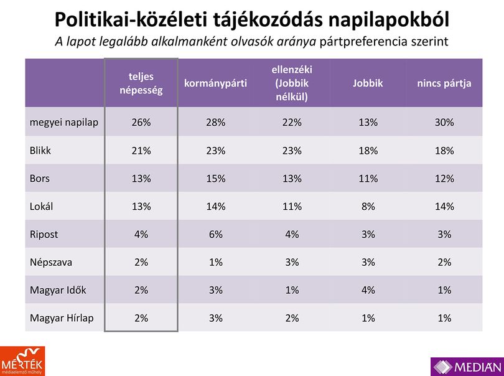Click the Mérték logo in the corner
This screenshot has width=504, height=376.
click(22, 361)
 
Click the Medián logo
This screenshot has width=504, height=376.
click(467, 367)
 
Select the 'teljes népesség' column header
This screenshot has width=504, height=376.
click(141, 83)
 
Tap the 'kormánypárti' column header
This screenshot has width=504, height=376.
click(215, 83)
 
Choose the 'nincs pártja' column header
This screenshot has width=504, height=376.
click(444, 83)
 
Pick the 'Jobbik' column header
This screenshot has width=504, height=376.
click(368, 83)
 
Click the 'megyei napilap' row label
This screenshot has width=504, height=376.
click(64, 123)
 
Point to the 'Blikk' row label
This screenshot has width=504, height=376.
click(40, 151)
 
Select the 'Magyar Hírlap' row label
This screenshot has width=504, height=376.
click(62, 318)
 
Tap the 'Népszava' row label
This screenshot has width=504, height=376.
click(51, 262)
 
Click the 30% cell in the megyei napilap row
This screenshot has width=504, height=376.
click(444, 123)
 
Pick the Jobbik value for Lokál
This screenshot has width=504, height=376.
click(368, 206)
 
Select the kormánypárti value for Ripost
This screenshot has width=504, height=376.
click(216, 234)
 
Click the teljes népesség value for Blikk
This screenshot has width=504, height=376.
click(141, 151)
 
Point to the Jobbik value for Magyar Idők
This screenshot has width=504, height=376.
click(368, 290)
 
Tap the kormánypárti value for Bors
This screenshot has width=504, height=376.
click(216, 179)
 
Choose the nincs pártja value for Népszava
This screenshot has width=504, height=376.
click(444, 262)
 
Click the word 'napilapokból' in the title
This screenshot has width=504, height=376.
click(388, 20)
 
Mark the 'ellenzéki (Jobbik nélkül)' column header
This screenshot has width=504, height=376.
click(292, 83)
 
